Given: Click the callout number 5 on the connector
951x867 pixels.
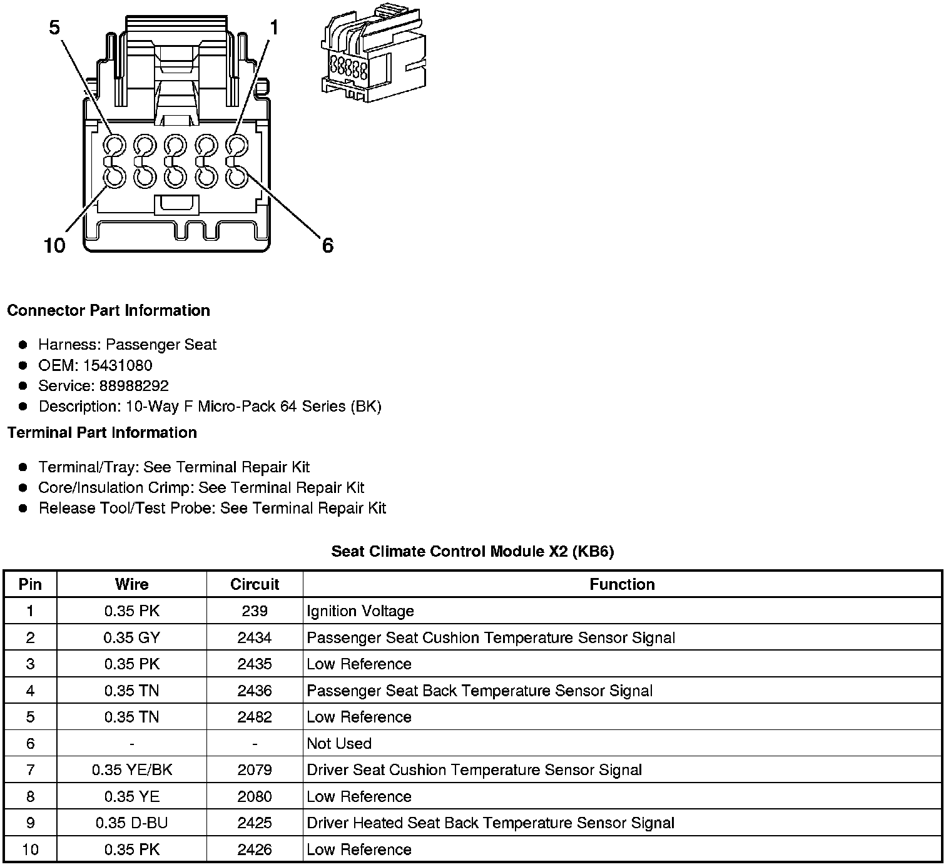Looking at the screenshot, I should (x=55, y=28).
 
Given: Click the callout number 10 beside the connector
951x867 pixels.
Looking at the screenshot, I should (x=54, y=245).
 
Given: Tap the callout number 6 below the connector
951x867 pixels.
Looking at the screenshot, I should (x=327, y=245).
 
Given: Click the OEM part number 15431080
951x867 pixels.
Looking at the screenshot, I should (x=118, y=365).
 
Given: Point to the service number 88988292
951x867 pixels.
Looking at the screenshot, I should (x=134, y=386).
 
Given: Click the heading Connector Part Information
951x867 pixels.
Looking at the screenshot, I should (x=108, y=311).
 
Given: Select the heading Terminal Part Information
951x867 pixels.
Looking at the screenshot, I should (x=102, y=433).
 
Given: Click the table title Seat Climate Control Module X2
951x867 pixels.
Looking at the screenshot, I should (x=472, y=551).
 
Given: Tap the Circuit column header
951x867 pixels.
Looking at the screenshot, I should (x=255, y=584).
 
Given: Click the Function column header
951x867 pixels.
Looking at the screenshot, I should (x=622, y=584).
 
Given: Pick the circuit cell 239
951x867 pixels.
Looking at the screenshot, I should (x=255, y=611).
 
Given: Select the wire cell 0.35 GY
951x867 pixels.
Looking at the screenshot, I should (x=132, y=637).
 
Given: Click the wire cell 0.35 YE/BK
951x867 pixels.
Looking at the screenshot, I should (x=132, y=770).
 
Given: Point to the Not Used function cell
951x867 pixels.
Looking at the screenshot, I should (x=339, y=743).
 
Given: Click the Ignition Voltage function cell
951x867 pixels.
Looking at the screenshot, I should (x=360, y=611).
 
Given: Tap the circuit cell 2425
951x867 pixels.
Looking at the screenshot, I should (x=255, y=823).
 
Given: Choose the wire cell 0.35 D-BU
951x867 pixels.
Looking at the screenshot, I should (x=132, y=823).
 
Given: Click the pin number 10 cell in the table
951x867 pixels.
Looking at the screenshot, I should (x=30, y=849).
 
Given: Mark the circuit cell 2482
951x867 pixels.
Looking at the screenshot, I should (x=255, y=717).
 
